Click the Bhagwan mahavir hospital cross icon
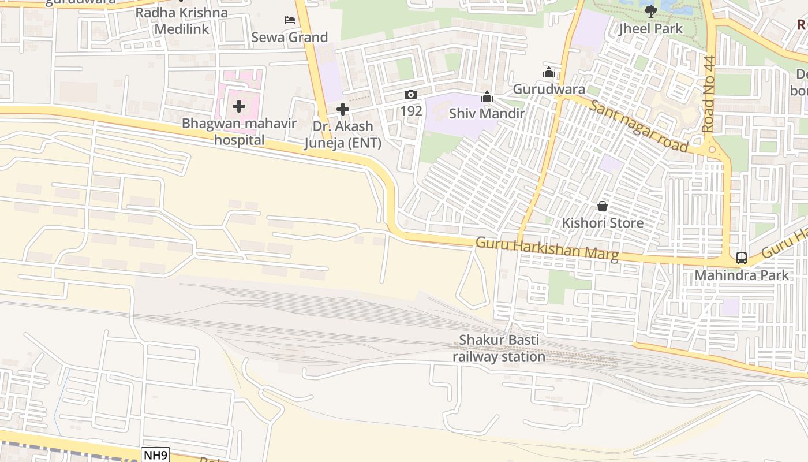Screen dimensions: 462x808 (239, 106)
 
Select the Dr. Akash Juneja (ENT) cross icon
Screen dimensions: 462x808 (343, 109)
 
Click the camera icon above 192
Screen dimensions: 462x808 (411, 95)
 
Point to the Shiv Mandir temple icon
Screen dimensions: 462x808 (487, 97)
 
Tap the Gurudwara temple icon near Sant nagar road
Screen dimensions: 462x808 (549, 73)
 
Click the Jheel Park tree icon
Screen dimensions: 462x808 (651, 12)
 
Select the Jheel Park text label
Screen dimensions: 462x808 (651, 29)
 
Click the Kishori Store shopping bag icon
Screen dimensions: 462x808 (603, 206)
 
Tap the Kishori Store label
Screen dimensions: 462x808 (603, 223)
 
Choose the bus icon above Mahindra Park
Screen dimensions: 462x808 (742, 258)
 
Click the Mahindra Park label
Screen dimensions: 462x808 (741, 275)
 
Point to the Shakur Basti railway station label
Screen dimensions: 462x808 (499, 348)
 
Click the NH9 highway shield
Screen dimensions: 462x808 (155, 455)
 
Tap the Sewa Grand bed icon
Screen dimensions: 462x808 (290, 20)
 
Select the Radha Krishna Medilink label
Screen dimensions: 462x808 (182, 21)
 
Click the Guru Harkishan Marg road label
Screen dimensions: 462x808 (547, 249)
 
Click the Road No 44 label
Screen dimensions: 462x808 (709, 94)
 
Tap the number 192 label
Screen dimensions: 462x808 (411, 111)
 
